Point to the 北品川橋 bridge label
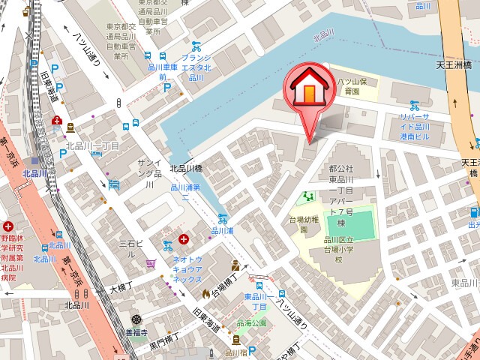pyautogui.click(x=187, y=169)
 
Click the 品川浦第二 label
pyautogui.click(x=185, y=193)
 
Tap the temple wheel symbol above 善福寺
pyautogui.click(x=136, y=319)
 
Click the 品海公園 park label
pyautogui.click(x=251, y=323)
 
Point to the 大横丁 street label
pyautogui.click(x=121, y=288)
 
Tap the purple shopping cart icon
pyautogui.click(x=151, y=263)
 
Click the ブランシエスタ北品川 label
pyautogui.click(x=196, y=67)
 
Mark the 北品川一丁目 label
pyautogui.click(x=92, y=146)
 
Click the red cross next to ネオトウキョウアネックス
pyautogui.click(x=184, y=240)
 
